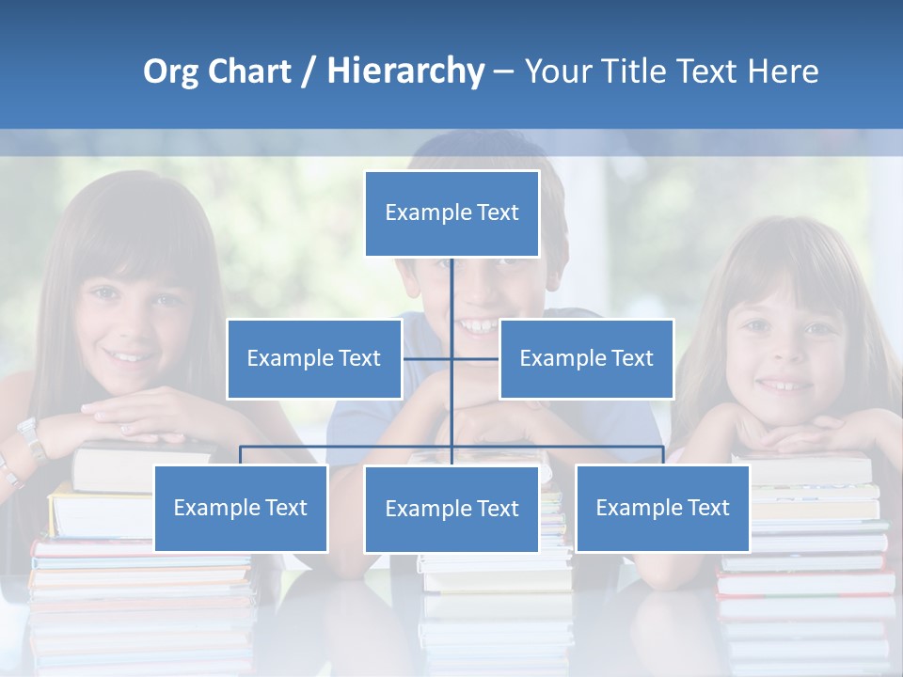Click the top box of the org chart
pyautogui.click(x=451, y=213)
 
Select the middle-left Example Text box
pyautogui.click(x=314, y=358)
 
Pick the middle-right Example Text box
pyautogui.click(x=586, y=358)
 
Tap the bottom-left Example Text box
pyautogui.click(x=241, y=508)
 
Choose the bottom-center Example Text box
pyautogui.click(x=451, y=509)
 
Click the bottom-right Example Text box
pyautogui.click(x=662, y=508)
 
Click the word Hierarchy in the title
pyautogui.click(x=405, y=71)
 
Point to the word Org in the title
pyautogui.click(x=171, y=71)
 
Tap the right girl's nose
pyautogui.click(x=784, y=354)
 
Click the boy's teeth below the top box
pyautogui.click(x=479, y=326)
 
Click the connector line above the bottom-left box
pyautogui.click(x=241, y=455)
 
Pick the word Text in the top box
pyautogui.click(x=498, y=213)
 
